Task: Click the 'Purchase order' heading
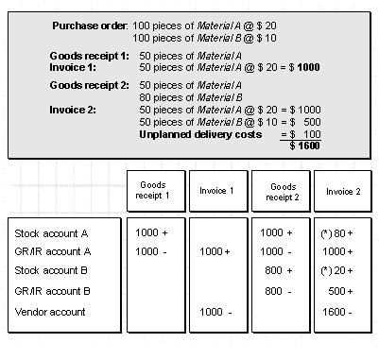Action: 90,26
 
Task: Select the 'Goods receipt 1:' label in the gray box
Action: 89,56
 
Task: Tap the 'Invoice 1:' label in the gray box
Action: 73,67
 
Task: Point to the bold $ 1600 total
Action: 304,146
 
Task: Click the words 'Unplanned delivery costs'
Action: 200,134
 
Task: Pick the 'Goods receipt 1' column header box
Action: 156,191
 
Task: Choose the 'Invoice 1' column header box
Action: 218,191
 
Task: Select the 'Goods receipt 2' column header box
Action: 281,191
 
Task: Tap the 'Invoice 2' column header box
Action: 343,191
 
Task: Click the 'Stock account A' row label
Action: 51,233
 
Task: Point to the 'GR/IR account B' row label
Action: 52,291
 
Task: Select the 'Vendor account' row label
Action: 50,312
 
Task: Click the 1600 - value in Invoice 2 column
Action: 337,312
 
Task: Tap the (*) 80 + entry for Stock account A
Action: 336,233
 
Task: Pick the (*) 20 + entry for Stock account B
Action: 336,270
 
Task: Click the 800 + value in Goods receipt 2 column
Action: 279,270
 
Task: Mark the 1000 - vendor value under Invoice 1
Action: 215,312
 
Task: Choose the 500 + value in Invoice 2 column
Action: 340,291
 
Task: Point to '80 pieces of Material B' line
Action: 191,97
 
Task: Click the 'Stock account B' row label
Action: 51,270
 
